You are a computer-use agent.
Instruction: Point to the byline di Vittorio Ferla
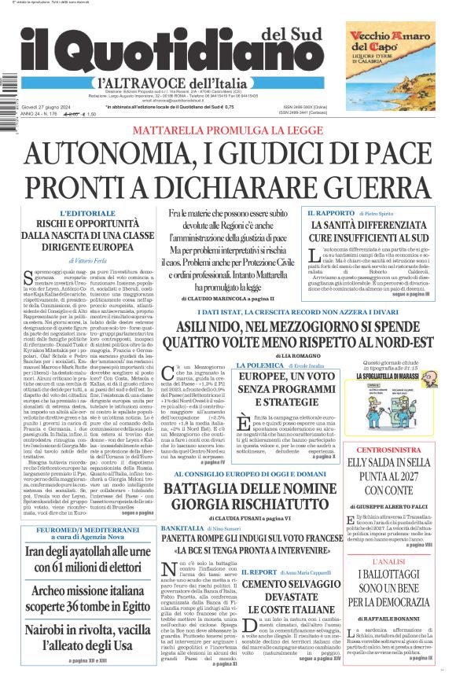click(x=90, y=259)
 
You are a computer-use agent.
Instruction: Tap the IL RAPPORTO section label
click(x=329, y=213)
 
